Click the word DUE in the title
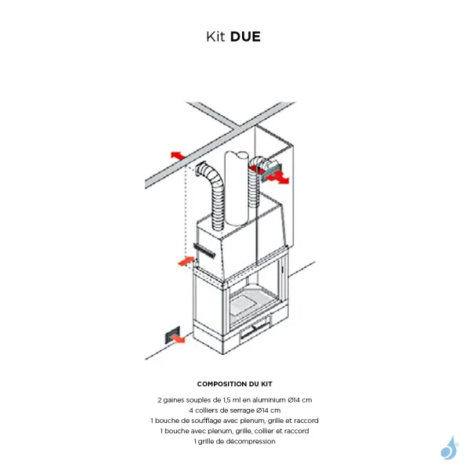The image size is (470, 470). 246,36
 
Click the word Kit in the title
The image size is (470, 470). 216,36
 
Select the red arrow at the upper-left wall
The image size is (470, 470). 177,154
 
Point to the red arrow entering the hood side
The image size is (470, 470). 187,259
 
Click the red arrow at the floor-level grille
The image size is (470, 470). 179,338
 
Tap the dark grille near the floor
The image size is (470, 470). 168,336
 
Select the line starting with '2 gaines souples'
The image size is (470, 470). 235,399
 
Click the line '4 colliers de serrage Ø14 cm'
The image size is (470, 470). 235,410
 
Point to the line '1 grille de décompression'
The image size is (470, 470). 235,441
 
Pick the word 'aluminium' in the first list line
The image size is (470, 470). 270,399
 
